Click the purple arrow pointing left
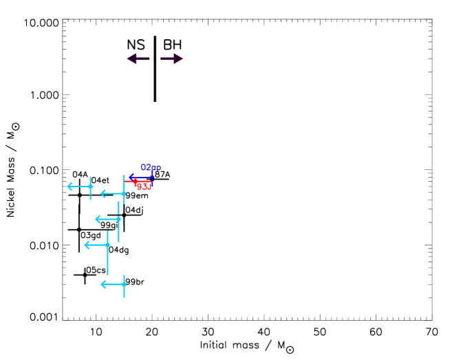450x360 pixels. tap(138, 59)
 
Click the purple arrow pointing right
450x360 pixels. tap(172, 59)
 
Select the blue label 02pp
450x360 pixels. tap(151, 167)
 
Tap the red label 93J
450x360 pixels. tap(144, 187)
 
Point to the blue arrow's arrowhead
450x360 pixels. tap(131, 178)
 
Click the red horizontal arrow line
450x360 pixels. tap(139, 181)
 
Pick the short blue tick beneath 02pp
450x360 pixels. tap(152, 174)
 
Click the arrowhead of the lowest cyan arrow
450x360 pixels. tap(103, 284)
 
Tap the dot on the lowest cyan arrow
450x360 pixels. tap(124, 284)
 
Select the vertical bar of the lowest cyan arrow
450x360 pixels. tap(124, 292)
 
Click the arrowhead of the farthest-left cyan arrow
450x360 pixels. tap(69, 187)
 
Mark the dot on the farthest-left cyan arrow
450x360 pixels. tap(90, 187)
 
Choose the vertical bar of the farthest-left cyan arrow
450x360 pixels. tap(90, 194)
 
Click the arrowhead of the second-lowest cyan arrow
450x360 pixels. tap(87, 245)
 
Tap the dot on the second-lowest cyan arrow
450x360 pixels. tap(107, 245)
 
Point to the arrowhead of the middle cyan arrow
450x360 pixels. tap(98, 219)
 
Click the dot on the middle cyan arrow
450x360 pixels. tap(118, 219)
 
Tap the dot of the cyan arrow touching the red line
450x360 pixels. tap(124, 194)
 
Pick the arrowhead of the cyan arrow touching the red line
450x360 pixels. tap(103, 194)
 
